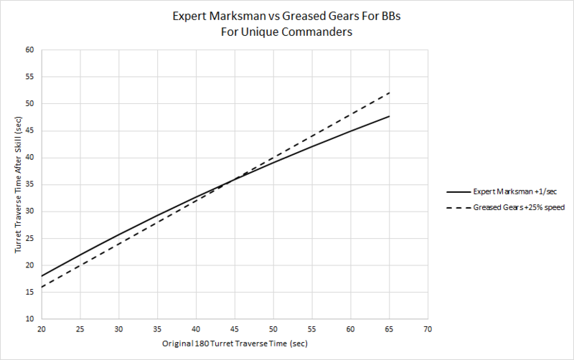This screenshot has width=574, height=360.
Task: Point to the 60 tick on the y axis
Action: [x=29, y=50]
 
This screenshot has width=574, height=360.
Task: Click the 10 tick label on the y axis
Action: [x=29, y=319]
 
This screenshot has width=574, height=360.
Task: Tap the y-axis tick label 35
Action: [x=29, y=184]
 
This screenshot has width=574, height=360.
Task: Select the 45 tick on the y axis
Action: [x=29, y=131]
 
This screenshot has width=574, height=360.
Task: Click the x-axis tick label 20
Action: [x=42, y=328]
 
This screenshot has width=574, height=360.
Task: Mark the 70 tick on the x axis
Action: [x=428, y=328]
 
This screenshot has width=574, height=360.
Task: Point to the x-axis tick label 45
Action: [x=235, y=328]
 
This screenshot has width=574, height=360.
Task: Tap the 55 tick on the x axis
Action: [x=312, y=328]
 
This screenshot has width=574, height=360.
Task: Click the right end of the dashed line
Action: [x=390, y=93]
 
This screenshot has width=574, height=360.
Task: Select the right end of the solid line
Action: [x=390, y=116]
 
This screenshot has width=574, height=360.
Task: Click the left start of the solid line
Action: [x=42, y=276]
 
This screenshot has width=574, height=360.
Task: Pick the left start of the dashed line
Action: [x=42, y=287]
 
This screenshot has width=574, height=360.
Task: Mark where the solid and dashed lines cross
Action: [x=231, y=180]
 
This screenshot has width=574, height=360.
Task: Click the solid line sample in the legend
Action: [x=458, y=192]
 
